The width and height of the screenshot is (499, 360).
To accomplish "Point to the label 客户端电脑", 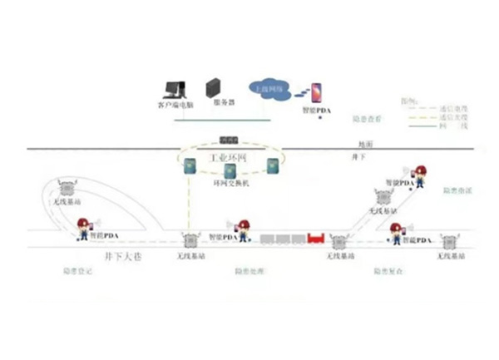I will [x=175, y=106].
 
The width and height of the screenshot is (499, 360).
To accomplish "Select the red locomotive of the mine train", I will [x=317, y=239].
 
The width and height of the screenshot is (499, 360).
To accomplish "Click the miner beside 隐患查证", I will [x=421, y=176].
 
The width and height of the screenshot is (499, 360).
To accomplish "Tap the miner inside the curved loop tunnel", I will [x=85, y=227].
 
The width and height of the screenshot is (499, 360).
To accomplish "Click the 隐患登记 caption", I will [x=78, y=273].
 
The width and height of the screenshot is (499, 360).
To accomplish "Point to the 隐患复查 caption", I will [x=389, y=272].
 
